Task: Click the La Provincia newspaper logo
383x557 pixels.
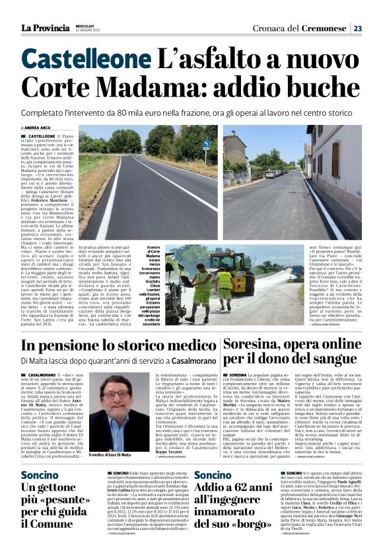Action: coord(44,28)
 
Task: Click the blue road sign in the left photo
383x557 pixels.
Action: coord(206,143)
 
